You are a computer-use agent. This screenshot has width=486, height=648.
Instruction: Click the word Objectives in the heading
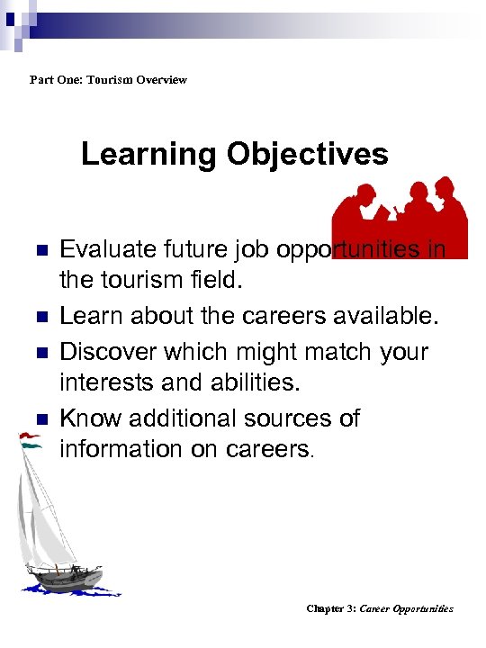[307, 155]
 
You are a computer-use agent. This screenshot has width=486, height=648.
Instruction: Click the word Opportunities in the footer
[423, 609]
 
